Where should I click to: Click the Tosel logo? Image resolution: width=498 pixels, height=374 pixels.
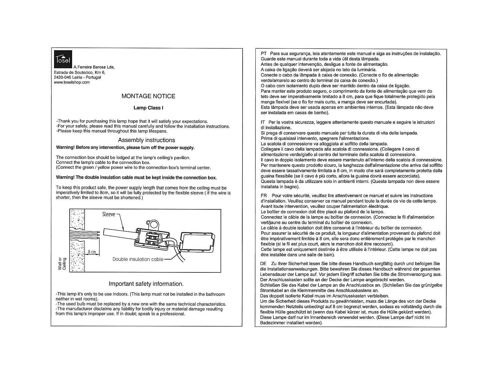click(x=63, y=59)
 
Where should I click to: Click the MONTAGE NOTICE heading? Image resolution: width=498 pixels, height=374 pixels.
click(x=148, y=96)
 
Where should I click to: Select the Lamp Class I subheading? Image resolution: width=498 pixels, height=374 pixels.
click(x=148, y=108)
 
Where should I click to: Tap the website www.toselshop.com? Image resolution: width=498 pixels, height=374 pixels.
click(x=72, y=82)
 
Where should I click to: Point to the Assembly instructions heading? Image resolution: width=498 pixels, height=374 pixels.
click(x=146, y=140)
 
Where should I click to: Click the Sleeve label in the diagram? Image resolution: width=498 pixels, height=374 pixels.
click(x=108, y=214)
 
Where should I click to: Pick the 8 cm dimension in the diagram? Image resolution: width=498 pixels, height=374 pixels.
click(x=92, y=252)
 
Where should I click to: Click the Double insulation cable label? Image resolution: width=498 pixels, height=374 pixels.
click(x=138, y=259)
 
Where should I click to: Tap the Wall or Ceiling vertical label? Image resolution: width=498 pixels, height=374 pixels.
click(x=62, y=264)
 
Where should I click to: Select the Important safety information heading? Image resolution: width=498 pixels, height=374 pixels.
click(x=146, y=284)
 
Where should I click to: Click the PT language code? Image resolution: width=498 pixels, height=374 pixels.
click(x=264, y=54)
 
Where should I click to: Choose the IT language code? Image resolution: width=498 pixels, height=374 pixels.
click(x=263, y=122)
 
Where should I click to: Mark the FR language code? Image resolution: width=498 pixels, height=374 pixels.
click(x=264, y=196)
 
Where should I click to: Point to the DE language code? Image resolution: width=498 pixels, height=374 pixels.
click(x=263, y=264)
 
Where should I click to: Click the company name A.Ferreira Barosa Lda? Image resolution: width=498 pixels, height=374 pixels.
click(x=94, y=67)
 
